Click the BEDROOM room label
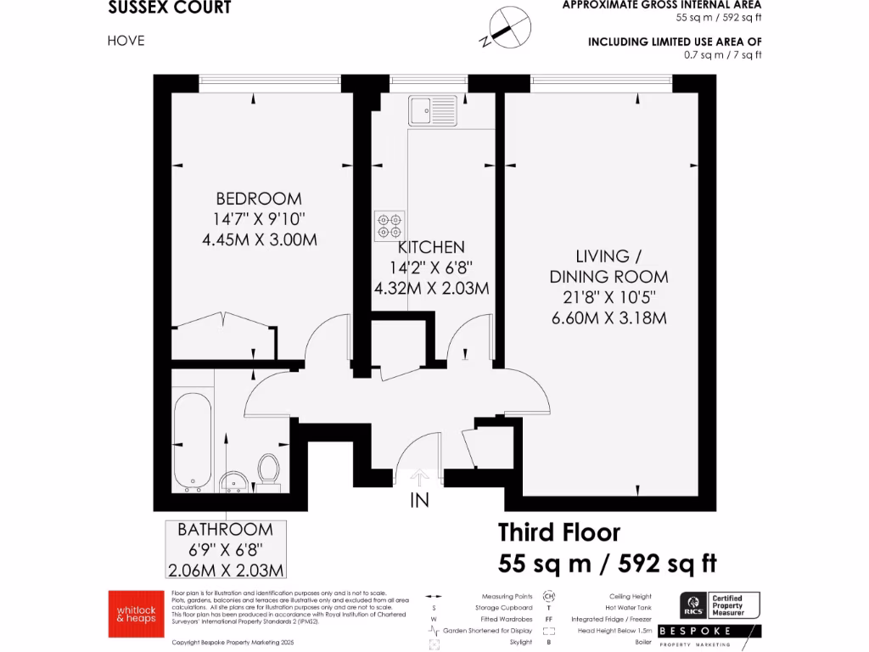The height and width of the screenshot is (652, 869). click(259, 199)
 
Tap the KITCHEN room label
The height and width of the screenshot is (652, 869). click(431, 247)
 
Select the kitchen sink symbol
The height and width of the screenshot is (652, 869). click(431, 111)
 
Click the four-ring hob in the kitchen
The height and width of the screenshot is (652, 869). click(390, 225)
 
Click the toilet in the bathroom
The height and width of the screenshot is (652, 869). click(269, 469)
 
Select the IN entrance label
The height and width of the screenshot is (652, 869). click(420, 501)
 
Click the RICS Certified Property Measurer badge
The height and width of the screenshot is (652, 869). click(720, 605)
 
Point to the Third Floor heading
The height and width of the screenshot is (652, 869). click(558, 532)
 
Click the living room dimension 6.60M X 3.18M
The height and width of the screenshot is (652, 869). click(608, 318)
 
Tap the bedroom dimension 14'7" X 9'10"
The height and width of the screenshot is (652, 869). click(259, 219)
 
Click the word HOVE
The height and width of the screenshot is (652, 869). click(126, 40)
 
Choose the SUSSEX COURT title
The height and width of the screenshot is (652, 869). click(170, 8)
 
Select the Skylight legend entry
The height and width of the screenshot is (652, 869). click(520, 642)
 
